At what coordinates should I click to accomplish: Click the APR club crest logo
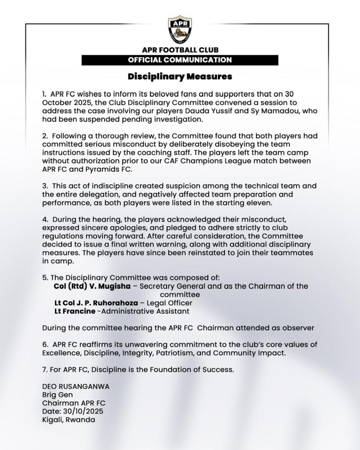(x=180, y=30)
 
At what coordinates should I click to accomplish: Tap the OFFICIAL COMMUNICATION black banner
(x=180, y=60)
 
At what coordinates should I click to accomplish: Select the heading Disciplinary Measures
(x=180, y=77)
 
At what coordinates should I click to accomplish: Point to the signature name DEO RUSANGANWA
(x=76, y=386)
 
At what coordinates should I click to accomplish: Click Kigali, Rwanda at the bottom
(x=69, y=419)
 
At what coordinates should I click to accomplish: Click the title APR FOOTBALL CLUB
(x=180, y=50)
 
